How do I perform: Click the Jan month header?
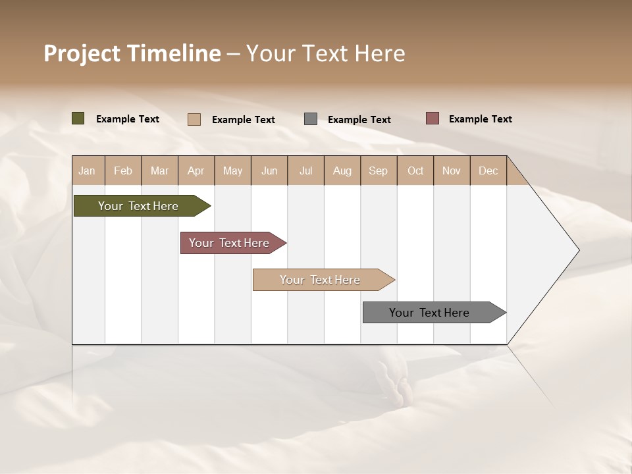(87, 171)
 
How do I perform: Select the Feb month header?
(123, 171)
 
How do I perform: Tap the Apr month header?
(196, 171)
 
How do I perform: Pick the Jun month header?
(269, 171)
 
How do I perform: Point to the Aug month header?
(342, 171)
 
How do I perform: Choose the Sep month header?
(378, 171)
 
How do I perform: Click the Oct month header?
(415, 171)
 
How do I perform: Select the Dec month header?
(488, 171)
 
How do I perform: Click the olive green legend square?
(78, 118)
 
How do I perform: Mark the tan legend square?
(194, 119)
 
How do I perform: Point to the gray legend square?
(311, 119)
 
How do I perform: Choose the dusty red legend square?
(432, 118)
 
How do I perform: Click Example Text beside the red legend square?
(480, 119)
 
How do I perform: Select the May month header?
(232, 171)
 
